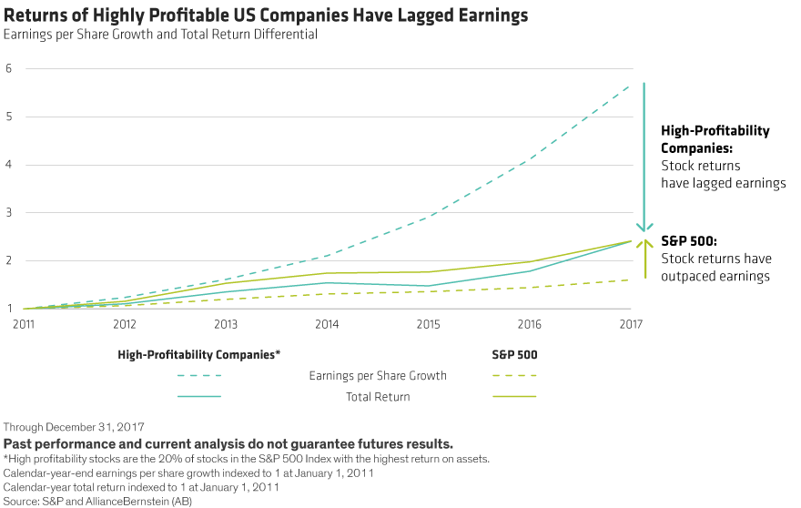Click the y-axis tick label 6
tap(7, 68)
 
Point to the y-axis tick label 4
tap(7, 165)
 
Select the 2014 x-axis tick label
tap(330, 322)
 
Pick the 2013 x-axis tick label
tap(225, 322)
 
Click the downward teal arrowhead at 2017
tap(645, 229)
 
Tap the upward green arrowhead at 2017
tap(645, 244)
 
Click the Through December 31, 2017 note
tap(62, 428)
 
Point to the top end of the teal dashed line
tap(632, 84)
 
